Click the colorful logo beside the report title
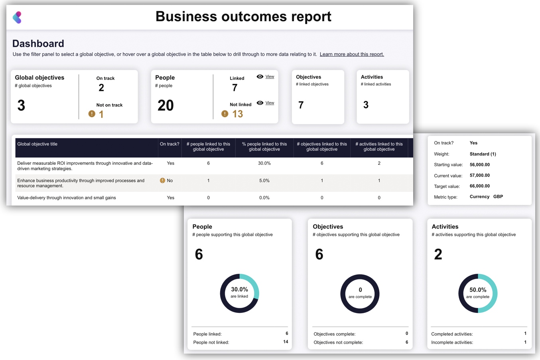pos(17,18)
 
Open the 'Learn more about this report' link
pos(351,54)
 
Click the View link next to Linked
pos(270,77)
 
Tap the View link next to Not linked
pos(270,103)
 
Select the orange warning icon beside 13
pos(225,114)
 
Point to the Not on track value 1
pos(101,115)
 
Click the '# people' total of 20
pos(166,105)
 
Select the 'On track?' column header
pos(169,144)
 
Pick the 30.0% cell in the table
pos(264,163)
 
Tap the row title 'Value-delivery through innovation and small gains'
pos(67,198)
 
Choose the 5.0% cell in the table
pos(264,181)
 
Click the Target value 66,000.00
pos(479,186)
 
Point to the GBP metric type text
pos(498,197)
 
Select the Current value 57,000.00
pos(479,176)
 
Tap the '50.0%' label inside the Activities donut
pos(478,290)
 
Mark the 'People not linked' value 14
pos(286,342)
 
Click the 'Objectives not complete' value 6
pos(407,342)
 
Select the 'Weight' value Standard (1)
pos(483,154)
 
